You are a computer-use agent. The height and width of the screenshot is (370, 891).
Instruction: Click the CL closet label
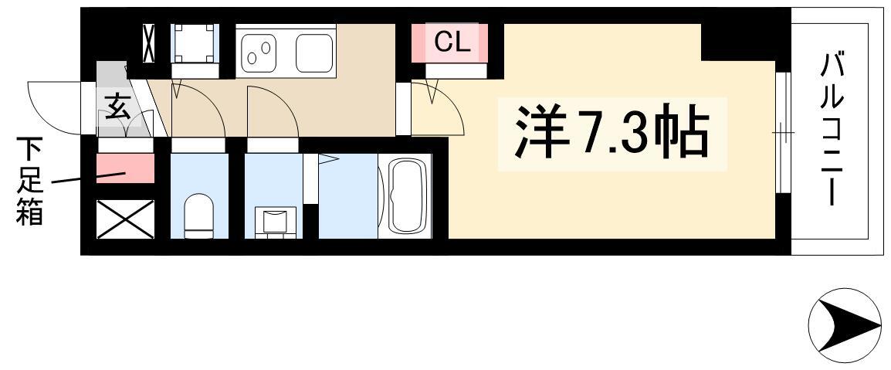(x=452, y=42)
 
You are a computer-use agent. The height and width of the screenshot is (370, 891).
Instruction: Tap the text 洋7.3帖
(x=612, y=134)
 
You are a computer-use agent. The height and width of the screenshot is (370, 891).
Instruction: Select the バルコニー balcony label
(x=831, y=130)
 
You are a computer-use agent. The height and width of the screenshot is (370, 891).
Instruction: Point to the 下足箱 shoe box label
(x=29, y=181)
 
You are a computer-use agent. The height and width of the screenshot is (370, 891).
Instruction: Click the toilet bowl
(x=199, y=216)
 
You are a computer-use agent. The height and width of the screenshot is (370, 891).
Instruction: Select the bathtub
(x=405, y=196)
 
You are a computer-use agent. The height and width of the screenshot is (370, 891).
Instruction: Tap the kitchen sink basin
(x=314, y=53)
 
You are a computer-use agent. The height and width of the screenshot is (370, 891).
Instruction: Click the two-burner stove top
(x=259, y=53)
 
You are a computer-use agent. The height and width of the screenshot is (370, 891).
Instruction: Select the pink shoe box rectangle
(x=126, y=168)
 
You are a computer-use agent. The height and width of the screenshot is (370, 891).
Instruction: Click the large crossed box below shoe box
(x=126, y=219)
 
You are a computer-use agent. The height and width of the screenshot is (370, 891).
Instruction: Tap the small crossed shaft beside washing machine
(x=149, y=43)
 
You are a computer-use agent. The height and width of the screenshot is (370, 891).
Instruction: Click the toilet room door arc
(x=211, y=102)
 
